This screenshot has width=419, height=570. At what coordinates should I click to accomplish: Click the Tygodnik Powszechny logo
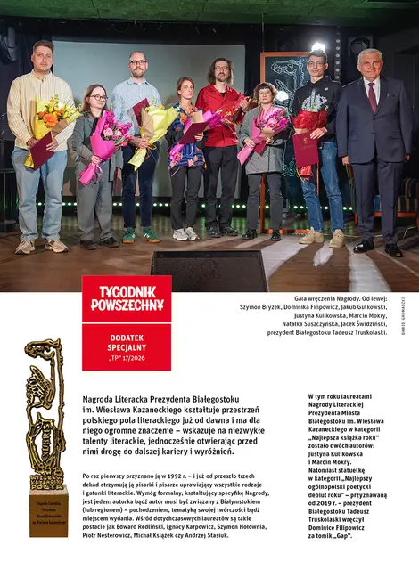[x=127, y=298]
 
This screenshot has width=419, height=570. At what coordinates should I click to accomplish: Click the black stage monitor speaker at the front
[x=209, y=270]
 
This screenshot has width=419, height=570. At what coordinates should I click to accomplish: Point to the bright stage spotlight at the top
[x=318, y=46]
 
